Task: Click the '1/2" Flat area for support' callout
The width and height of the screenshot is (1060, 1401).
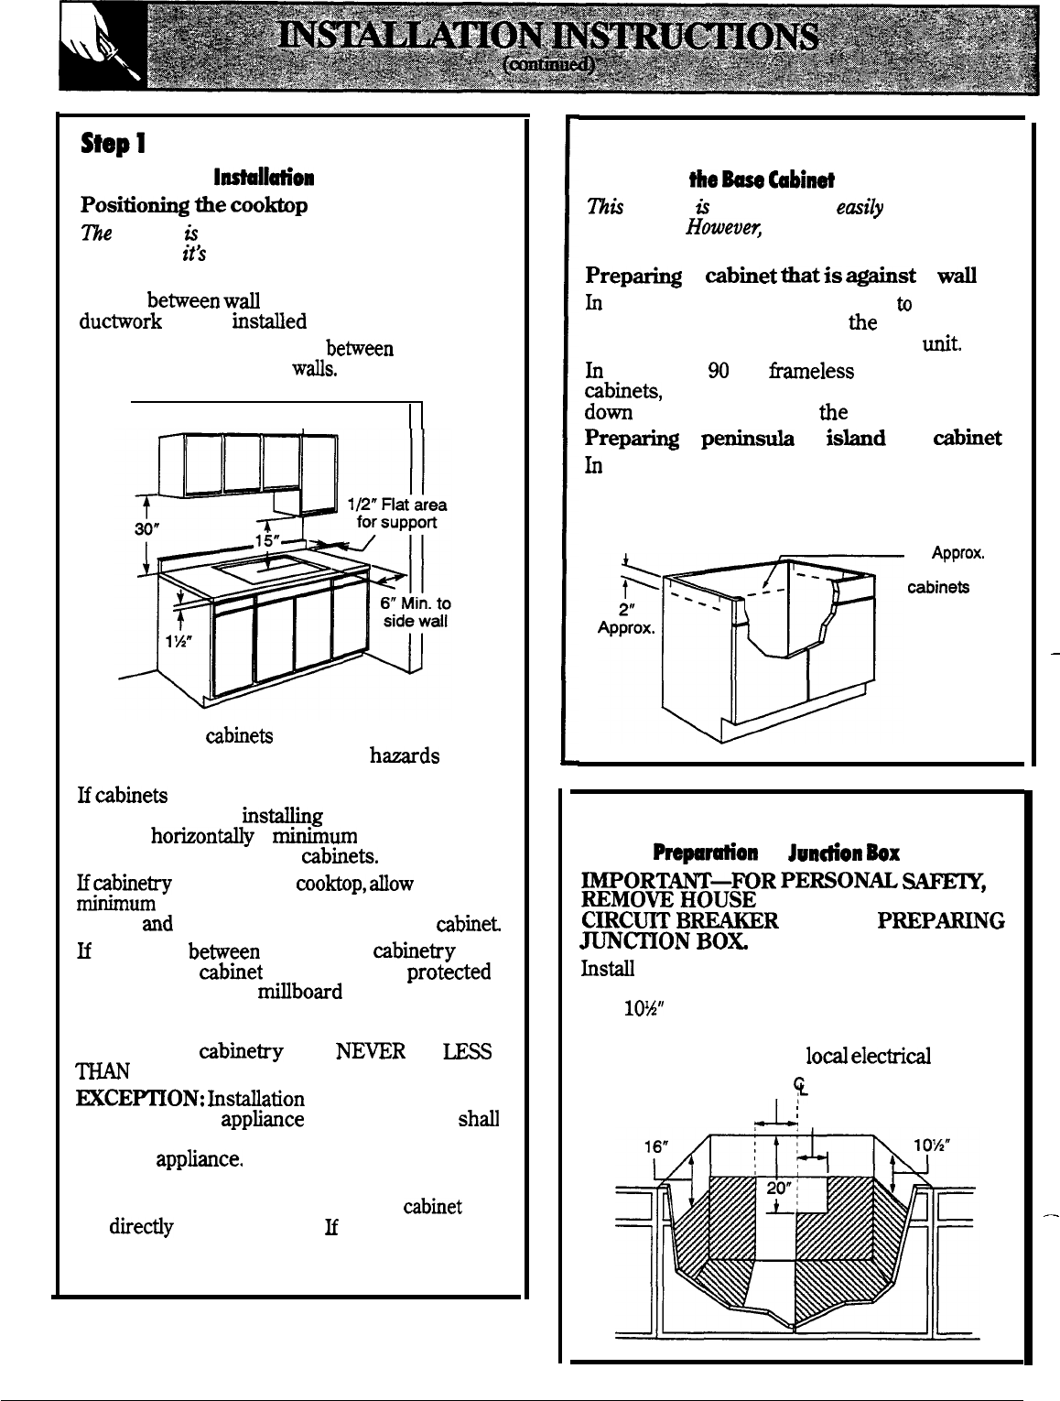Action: click(x=397, y=514)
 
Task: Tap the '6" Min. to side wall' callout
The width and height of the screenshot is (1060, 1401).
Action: click(x=415, y=613)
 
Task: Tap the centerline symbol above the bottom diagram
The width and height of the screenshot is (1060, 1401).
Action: click(x=799, y=1085)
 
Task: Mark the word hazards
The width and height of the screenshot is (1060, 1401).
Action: click(x=404, y=756)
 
